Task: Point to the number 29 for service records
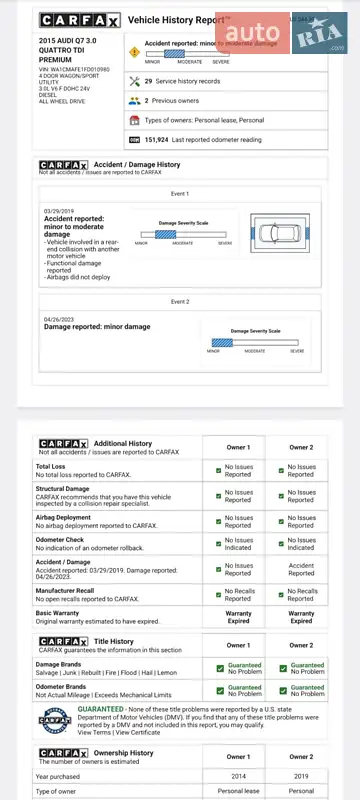coord(149,81)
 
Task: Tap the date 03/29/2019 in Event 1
coord(59,211)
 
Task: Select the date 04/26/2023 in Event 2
coord(59,319)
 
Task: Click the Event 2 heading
coord(180,301)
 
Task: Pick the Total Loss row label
coord(51,466)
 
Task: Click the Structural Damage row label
coord(65,489)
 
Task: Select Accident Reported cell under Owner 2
coord(300,569)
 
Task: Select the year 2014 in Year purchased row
coord(238,776)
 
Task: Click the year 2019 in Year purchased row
coord(300,776)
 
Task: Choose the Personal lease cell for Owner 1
coord(238,792)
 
